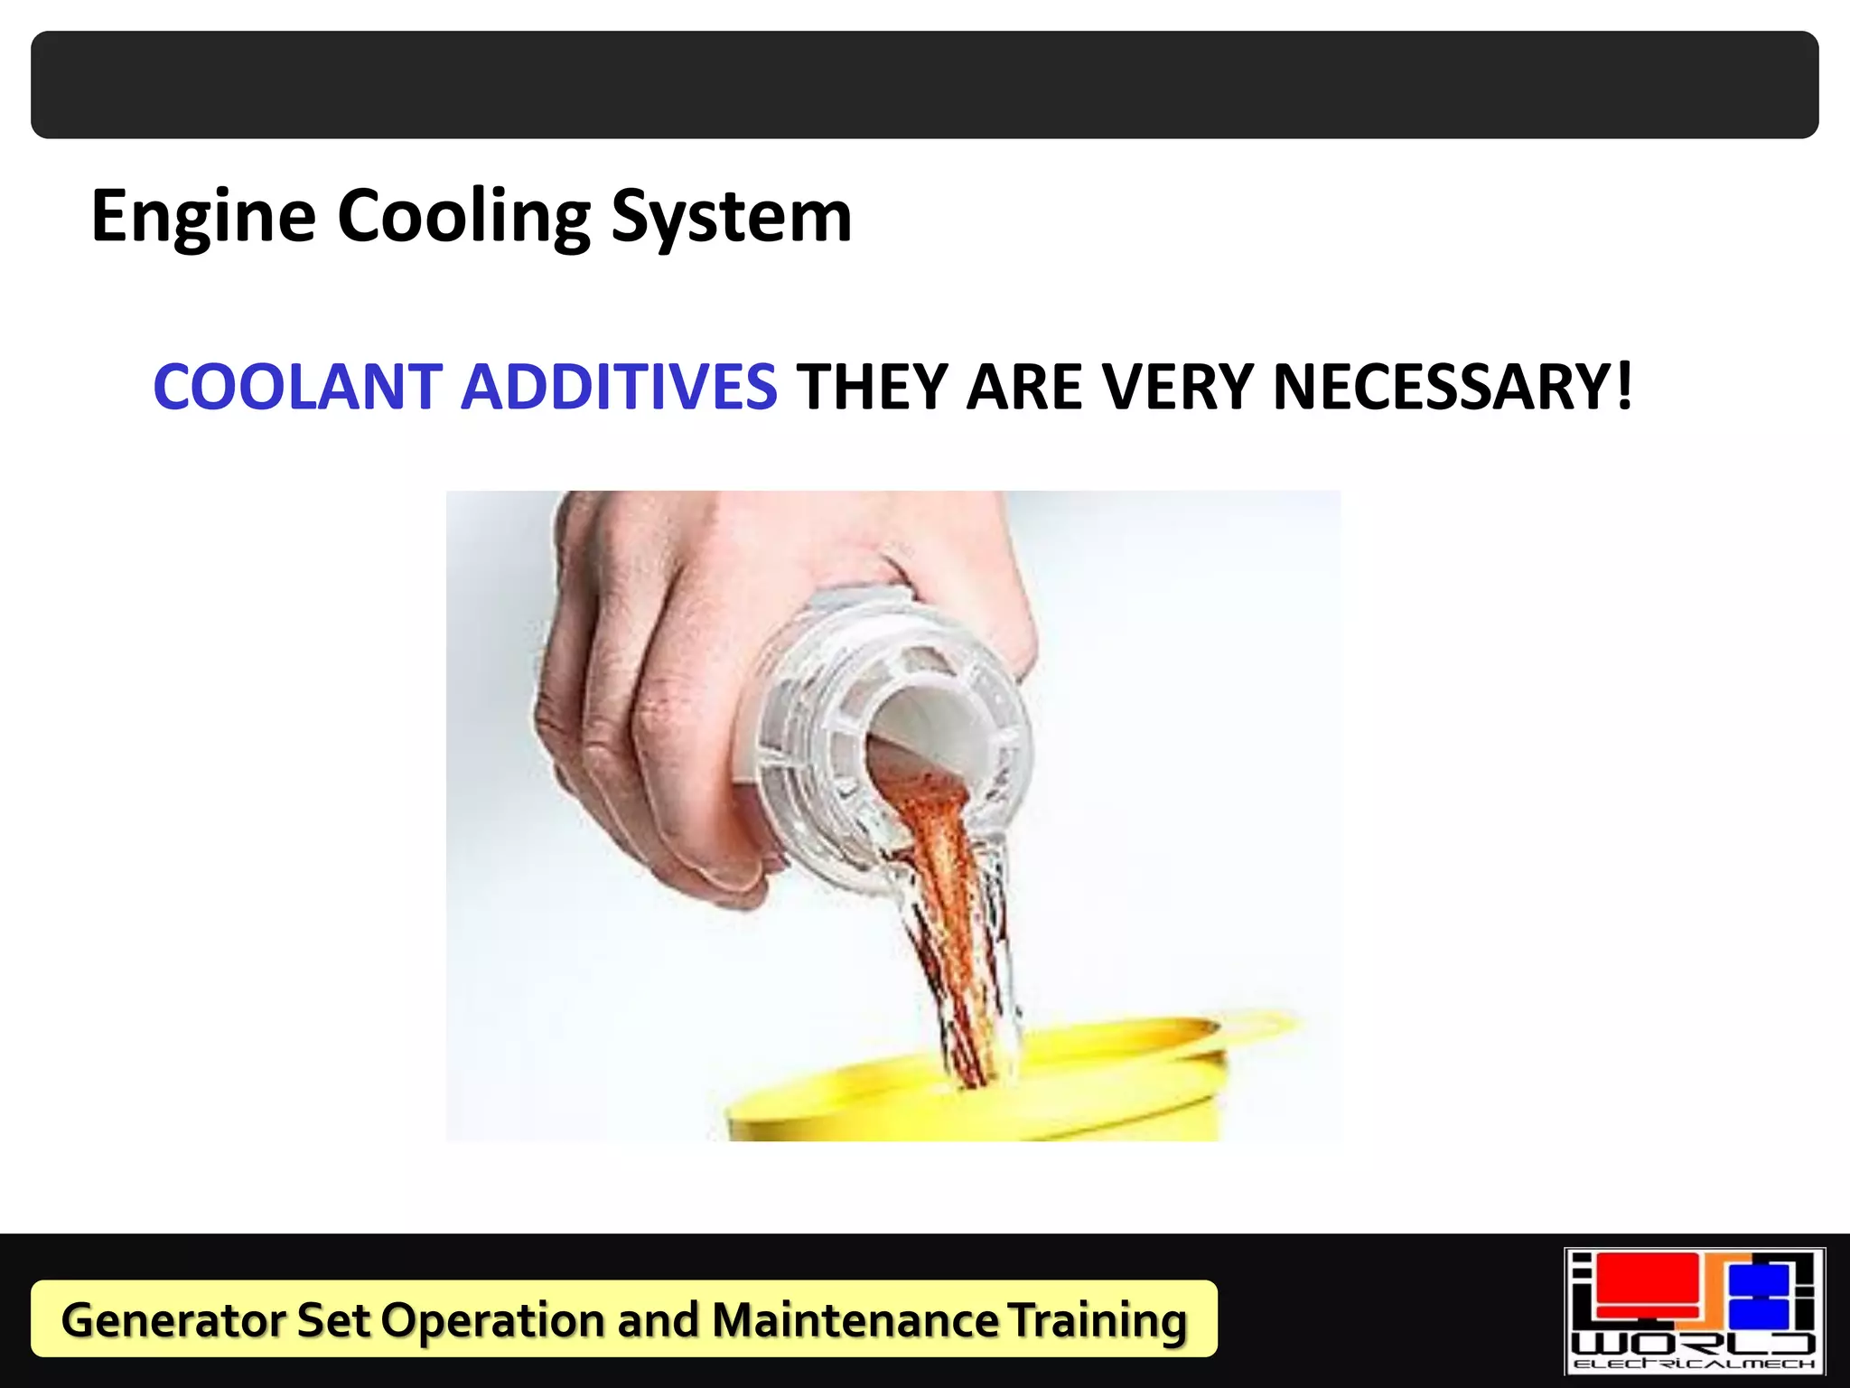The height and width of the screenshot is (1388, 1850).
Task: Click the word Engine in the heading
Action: (204, 217)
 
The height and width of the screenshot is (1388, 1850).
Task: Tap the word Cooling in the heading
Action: (463, 217)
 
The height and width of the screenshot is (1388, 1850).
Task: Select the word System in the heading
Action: (731, 217)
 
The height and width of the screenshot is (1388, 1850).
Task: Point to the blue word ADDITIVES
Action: (619, 387)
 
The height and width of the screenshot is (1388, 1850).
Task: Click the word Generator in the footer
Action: (172, 1319)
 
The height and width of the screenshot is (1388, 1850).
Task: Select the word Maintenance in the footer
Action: (855, 1319)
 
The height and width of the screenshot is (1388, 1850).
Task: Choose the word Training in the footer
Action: (1097, 1319)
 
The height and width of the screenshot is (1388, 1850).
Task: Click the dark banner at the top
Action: (925, 85)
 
